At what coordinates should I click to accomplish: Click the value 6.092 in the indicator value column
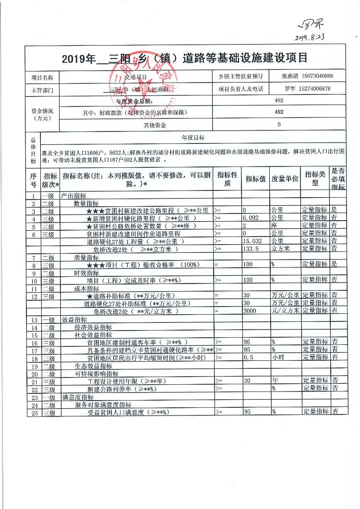point(251,217)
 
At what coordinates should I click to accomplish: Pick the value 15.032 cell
point(252,241)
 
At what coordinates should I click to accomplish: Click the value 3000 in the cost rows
point(250,311)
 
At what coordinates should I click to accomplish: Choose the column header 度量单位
point(285,179)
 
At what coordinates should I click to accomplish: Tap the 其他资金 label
point(155,125)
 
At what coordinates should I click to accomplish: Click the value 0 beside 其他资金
point(279,125)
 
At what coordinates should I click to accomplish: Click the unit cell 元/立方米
point(285,311)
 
